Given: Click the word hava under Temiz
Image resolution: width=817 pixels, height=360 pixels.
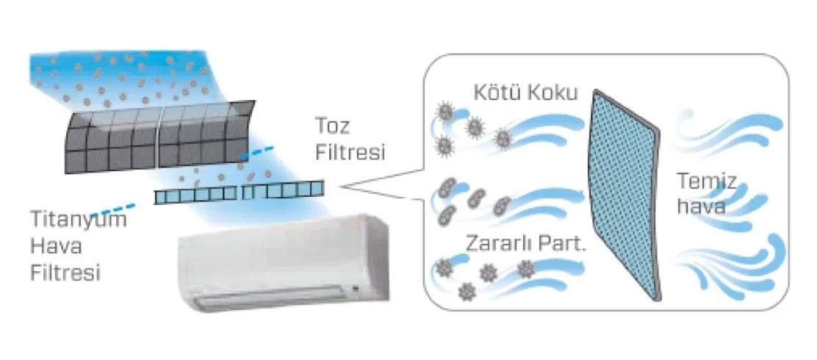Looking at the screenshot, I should point(701,206).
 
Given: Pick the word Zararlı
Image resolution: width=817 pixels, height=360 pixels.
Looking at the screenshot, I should point(501,243).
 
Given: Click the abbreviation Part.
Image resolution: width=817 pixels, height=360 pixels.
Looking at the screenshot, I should point(564,243).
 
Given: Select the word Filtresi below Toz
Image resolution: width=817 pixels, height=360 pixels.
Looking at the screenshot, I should point(350,152).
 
